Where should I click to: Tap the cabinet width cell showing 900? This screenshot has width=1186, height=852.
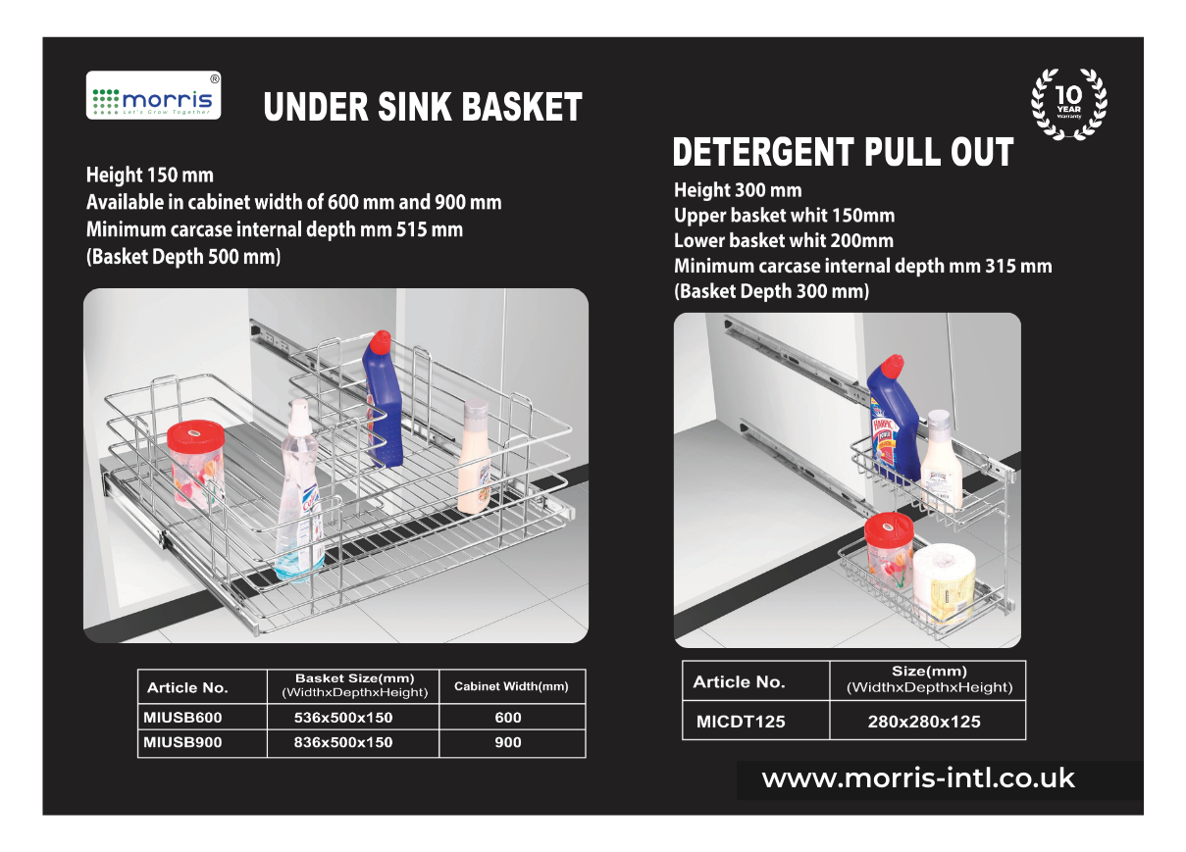[508, 742]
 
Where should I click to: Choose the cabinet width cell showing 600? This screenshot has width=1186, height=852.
[508, 718]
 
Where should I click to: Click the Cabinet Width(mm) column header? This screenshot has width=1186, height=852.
[511, 686]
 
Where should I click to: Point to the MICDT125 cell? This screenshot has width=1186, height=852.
[741, 723]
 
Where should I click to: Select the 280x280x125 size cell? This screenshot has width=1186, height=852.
[924, 723]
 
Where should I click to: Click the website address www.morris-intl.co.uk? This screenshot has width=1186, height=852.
[918, 779]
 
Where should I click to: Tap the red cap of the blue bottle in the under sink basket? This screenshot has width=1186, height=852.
[379, 344]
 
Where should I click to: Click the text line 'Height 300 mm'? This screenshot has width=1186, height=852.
[738, 190]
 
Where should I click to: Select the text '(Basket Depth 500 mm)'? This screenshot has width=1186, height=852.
[183, 258]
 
